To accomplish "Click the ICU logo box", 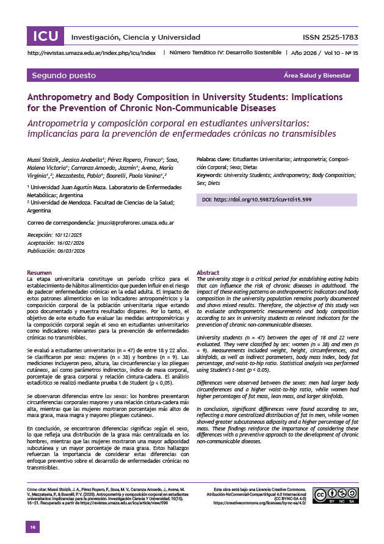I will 46,36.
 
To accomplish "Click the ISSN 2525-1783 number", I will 330,37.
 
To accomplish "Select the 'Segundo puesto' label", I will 64,76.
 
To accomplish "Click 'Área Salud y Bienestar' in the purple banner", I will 317,76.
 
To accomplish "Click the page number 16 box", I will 34,526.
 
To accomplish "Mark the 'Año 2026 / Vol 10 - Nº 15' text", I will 324,53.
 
